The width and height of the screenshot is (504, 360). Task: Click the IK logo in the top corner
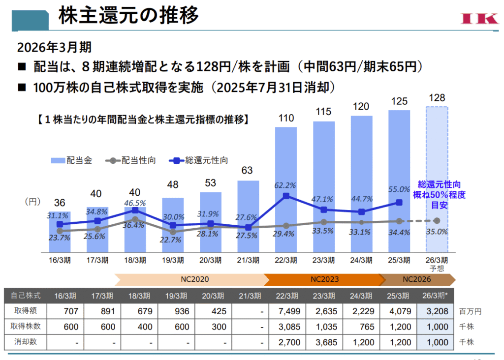pos(479,18)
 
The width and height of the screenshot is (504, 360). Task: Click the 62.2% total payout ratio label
pos(285,185)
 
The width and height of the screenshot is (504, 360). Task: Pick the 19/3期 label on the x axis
pos(173,260)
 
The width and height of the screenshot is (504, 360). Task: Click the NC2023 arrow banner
pos(323,279)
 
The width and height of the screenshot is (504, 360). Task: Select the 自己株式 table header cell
pos(27,296)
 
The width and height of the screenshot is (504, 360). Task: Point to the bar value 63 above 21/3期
pos(248,171)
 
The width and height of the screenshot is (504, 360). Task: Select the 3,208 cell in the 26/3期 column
pos(437,311)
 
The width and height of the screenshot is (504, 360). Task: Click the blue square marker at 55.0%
pos(399,202)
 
